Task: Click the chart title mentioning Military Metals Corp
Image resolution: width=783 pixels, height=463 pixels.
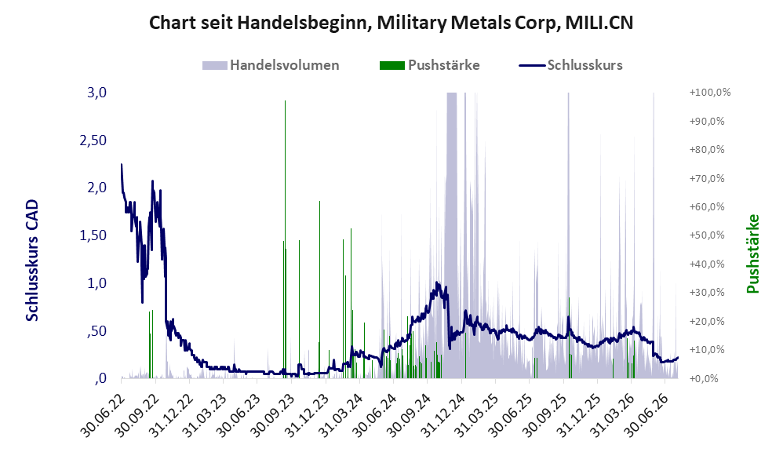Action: [x=391, y=23]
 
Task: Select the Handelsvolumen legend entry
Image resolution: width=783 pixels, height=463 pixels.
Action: [x=271, y=65]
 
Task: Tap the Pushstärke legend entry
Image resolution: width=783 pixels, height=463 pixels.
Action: [x=429, y=65]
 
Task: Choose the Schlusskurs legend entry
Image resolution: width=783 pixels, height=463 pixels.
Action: [x=570, y=65]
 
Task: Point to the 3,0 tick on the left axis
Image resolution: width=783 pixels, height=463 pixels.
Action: [x=97, y=93]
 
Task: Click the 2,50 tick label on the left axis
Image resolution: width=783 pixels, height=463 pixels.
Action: [x=93, y=140]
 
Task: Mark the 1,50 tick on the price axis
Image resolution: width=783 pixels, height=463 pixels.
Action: [x=93, y=235]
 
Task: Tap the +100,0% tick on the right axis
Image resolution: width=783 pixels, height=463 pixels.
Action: [x=710, y=93]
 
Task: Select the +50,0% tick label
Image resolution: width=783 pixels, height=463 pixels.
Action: [x=707, y=235]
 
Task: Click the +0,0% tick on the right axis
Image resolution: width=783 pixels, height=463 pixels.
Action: [x=704, y=378]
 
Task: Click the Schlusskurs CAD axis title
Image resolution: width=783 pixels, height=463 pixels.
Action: [x=32, y=261]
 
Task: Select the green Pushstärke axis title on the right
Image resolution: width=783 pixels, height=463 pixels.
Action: [x=752, y=253]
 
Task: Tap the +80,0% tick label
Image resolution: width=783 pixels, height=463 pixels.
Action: [x=707, y=149]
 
